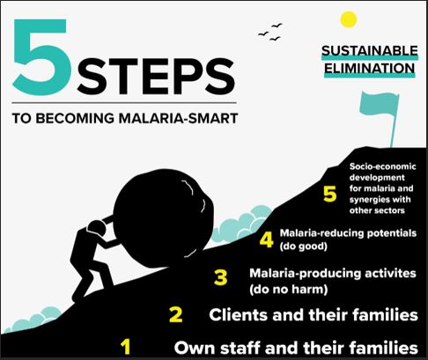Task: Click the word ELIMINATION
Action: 368,67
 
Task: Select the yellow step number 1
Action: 126,346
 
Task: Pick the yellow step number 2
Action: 175,314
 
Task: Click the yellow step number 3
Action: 221,278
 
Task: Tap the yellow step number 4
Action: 266,239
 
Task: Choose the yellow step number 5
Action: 328,195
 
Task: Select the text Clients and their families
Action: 312,313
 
